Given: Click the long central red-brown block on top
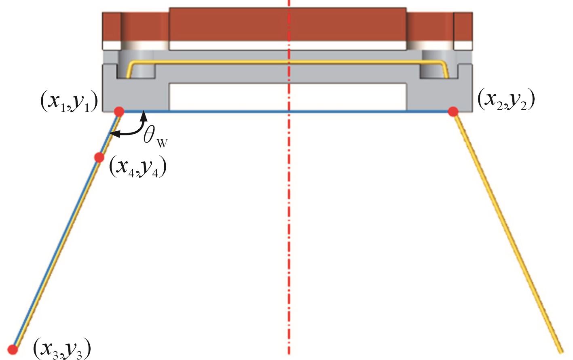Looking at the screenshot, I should click(288, 24).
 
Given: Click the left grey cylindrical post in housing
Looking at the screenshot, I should click(137, 65).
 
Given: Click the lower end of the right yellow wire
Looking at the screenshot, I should click(560, 349).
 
